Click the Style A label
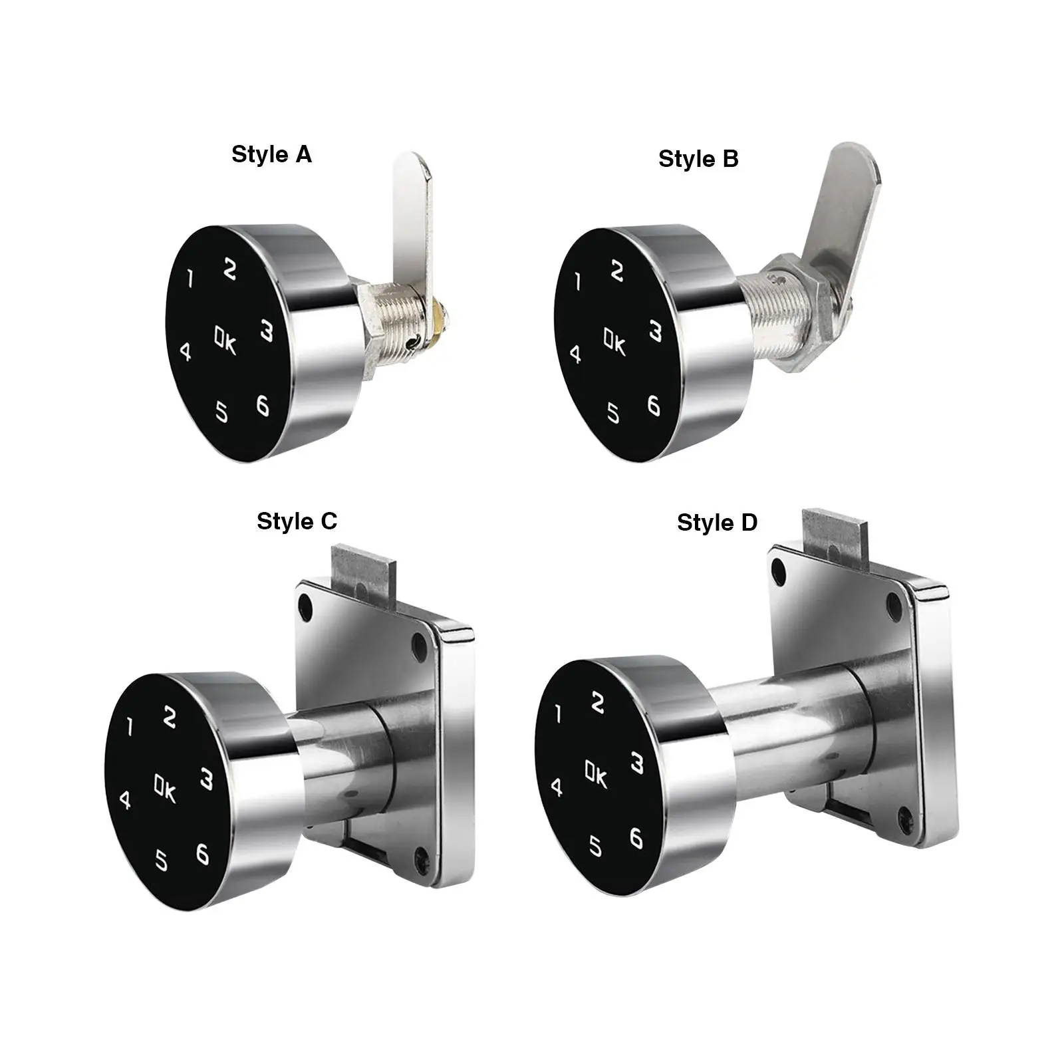point(271,154)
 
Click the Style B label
point(698,159)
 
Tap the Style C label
point(297,521)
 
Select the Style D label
point(717,523)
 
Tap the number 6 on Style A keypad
point(263,405)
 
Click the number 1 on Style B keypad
point(578,282)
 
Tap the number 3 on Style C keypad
point(207,779)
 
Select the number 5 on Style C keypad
point(162,860)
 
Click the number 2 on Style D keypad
point(597,703)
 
